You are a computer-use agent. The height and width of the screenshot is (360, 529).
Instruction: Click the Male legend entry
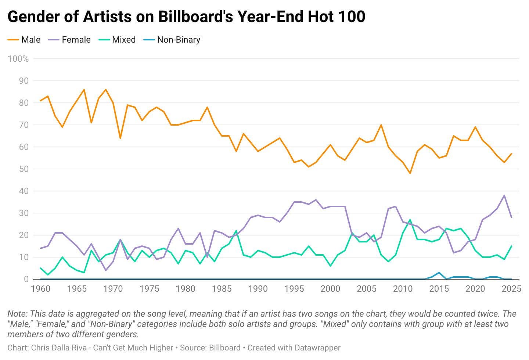[24, 40]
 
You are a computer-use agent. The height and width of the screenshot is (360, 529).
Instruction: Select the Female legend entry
[69, 40]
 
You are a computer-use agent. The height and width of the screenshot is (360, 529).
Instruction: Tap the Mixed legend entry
[117, 40]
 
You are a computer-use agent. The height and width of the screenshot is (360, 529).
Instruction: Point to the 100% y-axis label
[18, 59]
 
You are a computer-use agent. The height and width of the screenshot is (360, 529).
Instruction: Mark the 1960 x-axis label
[40, 289]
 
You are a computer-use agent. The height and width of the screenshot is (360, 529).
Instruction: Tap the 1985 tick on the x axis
[222, 289]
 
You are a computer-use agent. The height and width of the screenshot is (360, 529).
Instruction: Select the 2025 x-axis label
[511, 289]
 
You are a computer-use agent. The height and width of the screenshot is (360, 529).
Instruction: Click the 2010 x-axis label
[403, 289]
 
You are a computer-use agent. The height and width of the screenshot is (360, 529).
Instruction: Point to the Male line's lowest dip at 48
[410, 173]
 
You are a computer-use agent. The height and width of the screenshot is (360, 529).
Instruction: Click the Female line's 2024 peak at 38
[504, 195]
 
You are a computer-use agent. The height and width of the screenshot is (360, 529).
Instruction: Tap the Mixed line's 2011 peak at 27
[410, 220]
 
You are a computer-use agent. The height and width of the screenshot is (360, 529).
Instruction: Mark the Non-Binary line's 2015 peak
[439, 273]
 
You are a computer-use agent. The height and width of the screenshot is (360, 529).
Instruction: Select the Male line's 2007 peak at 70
[381, 125]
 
